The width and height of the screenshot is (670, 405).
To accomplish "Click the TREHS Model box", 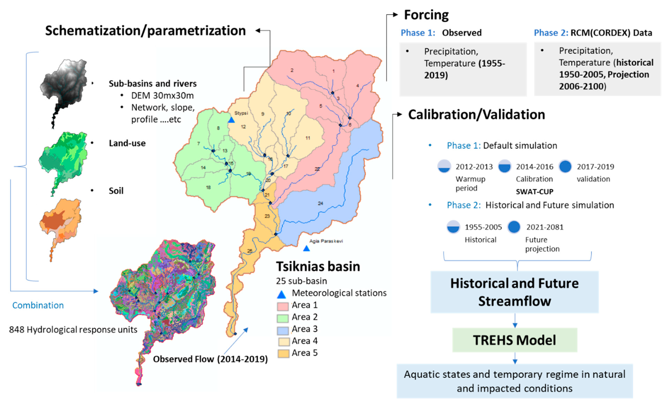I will click(x=515, y=340).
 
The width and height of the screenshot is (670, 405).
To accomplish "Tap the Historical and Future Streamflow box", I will click(x=515, y=292).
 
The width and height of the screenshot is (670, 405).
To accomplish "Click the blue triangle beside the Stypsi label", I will click(x=231, y=120).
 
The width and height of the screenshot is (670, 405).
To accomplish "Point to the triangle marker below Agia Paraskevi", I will click(x=306, y=248).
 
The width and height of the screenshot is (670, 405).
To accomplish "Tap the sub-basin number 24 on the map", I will click(x=321, y=203).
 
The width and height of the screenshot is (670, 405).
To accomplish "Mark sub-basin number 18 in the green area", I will click(x=208, y=187).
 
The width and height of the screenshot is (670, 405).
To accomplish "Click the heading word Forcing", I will click(x=426, y=15).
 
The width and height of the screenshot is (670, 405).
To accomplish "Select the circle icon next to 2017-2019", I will click(x=565, y=167).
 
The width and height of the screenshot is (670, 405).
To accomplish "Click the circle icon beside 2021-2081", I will click(x=514, y=227).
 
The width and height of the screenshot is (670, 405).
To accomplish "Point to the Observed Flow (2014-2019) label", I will click(x=210, y=359).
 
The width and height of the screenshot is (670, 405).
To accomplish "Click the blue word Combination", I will click(x=38, y=305).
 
